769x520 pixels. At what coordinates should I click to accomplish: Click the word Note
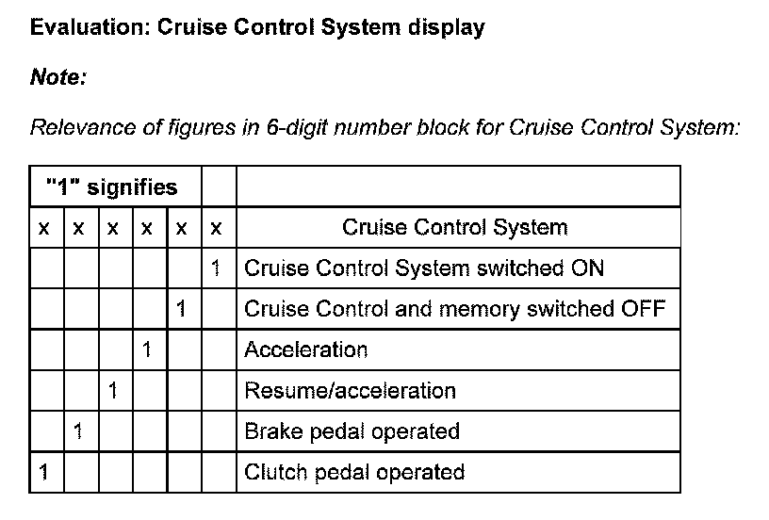click(x=57, y=77)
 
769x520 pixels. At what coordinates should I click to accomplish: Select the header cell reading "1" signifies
click(x=111, y=187)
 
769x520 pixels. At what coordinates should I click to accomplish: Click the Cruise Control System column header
click(x=454, y=227)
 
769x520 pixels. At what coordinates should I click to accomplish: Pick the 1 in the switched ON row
click(x=216, y=268)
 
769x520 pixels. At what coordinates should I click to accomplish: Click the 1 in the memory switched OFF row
click(x=181, y=309)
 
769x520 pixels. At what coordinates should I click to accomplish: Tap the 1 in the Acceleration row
click(x=146, y=350)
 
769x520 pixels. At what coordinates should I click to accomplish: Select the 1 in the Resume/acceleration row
click(x=112, y=391)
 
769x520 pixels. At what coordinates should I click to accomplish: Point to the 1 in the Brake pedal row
click(x=78, y=431)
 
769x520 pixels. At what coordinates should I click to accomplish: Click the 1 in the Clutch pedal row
click(x=43, y=472)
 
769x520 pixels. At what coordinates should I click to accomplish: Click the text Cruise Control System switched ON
click(x=424, y=268)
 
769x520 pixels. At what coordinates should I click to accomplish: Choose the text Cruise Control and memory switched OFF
click(x=455, y=309)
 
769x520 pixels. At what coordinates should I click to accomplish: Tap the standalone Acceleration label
click(x=305, y=350)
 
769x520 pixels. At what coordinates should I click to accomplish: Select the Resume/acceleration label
click(x=350, y=391)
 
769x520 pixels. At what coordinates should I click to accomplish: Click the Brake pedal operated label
click(x=352, y=431)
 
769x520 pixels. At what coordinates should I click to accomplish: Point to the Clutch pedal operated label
click(x=354, y=472)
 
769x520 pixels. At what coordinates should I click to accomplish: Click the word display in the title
click(x=446, y=27)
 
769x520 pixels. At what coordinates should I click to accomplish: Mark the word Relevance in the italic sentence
click(x=82, y=127)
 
